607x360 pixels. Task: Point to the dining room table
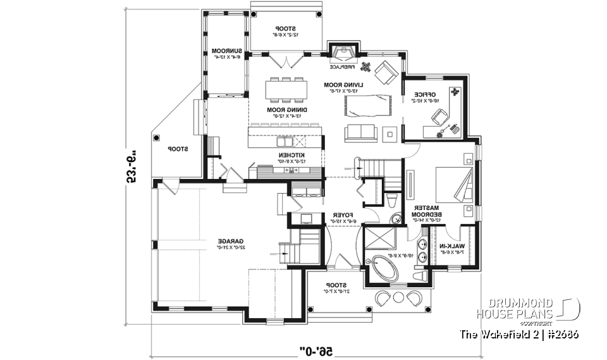pyautogui.click(x=286, y=89)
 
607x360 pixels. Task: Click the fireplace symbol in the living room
pyautogui.click(x=345, y=53)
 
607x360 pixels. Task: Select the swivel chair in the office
pyautogui.click(x=439, y=116)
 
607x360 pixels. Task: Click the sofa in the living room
pyautogui.click(x=360, y=132)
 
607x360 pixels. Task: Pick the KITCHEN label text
pyautogui.click(x=293, y=154)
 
